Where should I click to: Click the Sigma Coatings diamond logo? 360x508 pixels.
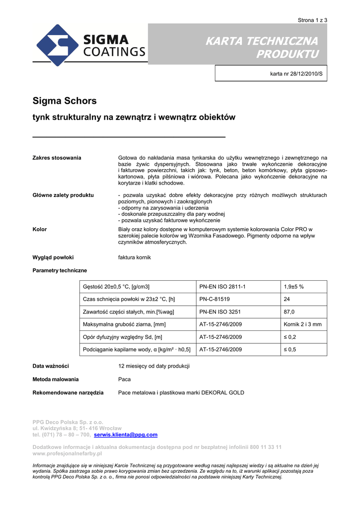pos(56,45)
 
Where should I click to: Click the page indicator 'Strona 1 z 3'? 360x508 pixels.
pos(312,20)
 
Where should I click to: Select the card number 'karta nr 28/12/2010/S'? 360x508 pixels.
pos(296,73)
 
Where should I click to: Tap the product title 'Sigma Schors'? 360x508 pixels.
pos(65,101)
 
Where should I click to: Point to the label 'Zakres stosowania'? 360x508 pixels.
pos(57,158)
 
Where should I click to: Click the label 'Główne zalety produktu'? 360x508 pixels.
pos(63,195)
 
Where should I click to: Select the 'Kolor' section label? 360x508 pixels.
pos(40,229)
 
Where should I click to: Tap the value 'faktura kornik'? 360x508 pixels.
pos(135,257)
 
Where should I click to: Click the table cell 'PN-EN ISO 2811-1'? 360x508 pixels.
pos(222,287)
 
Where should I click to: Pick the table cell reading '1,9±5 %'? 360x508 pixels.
pos(294,287)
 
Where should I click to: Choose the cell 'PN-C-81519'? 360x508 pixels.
pos(214,299)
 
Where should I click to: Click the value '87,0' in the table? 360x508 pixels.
pos(289,312)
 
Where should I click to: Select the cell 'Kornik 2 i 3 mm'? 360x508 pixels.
pos(302,324)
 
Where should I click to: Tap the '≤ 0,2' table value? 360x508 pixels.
pos(290,337)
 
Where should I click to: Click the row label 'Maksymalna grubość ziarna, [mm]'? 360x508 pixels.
pos(125,324)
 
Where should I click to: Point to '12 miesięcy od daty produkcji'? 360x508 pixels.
pos(154,366)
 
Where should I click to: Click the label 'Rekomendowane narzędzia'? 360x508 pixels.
pos(68,392)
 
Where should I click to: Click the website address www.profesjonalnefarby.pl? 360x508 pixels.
pos(67,453)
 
